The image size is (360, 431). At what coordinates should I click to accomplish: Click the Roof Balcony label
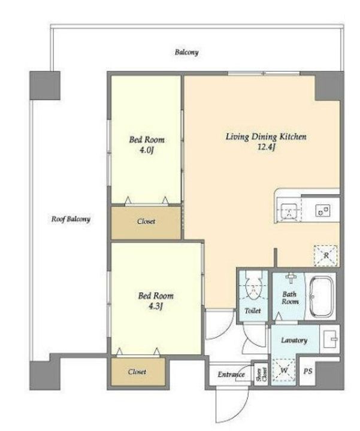pos(71,219)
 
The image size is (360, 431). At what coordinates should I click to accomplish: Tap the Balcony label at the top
pos(186,52)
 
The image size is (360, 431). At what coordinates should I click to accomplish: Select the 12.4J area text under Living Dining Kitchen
pos(266,147)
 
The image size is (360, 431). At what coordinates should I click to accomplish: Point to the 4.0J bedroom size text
pos(146,150)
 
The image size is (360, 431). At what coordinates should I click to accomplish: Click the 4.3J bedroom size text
pos(156,306)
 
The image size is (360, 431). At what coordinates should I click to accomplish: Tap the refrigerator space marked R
pos(326,256)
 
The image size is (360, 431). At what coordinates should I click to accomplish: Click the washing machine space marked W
pos(284,370)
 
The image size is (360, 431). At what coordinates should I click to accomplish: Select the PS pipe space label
pos(308,371)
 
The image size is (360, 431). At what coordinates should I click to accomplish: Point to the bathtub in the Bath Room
pos(321,297)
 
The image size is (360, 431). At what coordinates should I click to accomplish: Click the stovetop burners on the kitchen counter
pos(323,211)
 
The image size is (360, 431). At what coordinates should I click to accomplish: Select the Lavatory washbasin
pos(330,339)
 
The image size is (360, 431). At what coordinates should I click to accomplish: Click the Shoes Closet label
pos(262,374)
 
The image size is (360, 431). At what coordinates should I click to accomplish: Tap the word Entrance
pos(231,374)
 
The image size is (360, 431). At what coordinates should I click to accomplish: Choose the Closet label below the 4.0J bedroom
pos(146,221)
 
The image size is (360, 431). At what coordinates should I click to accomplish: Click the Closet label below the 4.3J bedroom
pos(137,372)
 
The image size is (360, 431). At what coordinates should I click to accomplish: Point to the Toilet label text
pos(253,311)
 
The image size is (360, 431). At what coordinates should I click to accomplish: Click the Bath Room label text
pos(290,298)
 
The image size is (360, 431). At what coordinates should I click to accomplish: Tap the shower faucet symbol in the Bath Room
pos(290,277)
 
